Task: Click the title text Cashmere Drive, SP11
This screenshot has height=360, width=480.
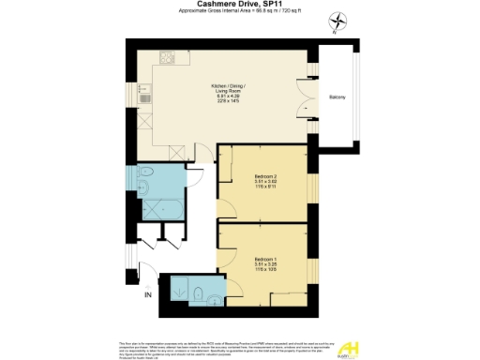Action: pyautogui.click(x=240, y=5)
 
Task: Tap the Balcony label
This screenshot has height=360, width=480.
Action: pyautogui.click(x=338, y=97)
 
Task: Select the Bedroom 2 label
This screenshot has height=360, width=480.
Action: pyautogui.click(x=266, y=179)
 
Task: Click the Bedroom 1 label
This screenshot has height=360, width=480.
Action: pyautogui.click(x=266, y=259)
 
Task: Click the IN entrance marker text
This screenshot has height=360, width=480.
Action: pyautogui.click(x=146, y=295)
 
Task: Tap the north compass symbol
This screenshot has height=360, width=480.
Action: pyautogui.click(x=337, y=21)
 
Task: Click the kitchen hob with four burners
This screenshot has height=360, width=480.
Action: pyautogui.click(x=166, y=60)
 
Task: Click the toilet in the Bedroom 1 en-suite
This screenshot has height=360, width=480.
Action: pyautogui.click(x=200, y=292)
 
